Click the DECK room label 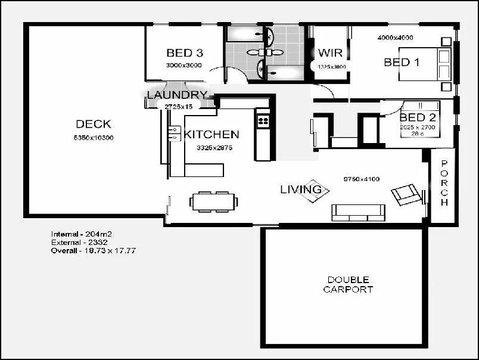[x=94, y=124]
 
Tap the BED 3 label [x=184, y=52]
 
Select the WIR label [x=329, y=53]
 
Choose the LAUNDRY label [x=177, y=95]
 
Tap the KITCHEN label [x=211, y=135]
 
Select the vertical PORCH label [x=444, y=184]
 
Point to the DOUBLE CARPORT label [x=348, y=284]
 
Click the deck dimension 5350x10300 [x=94, y=138]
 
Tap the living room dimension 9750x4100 [x=362, y=179]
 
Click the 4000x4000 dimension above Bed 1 [x=395, y=38]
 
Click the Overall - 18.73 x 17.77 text [x=93, y=251]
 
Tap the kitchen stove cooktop [x=262, y=121]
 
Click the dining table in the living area [x=214, y=201]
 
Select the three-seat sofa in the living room [x=358, y=212]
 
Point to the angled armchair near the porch [x=406, y=194]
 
